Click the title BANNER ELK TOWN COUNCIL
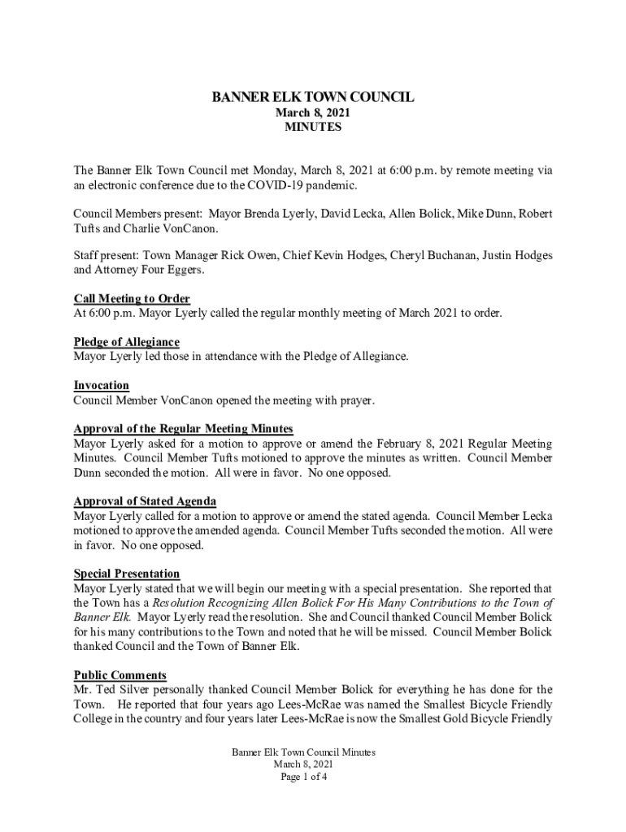click(x=313, y=97)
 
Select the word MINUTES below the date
click(x=313, y=128)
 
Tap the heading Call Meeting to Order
click(x=132, y=299)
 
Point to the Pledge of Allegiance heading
click(x=126, y=342)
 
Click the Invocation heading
click(x=102, y=385)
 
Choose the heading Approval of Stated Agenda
click(x=145, y=501)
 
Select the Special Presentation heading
click(x=127, y=574)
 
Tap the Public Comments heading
click(x=120, y=675)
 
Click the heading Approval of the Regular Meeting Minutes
click(x=183, y=429)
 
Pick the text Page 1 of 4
click(x=303, y=777)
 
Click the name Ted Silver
click(x=121, y=690)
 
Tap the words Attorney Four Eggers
click(x=137, y=270)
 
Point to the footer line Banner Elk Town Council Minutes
click(x=303, y=752)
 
